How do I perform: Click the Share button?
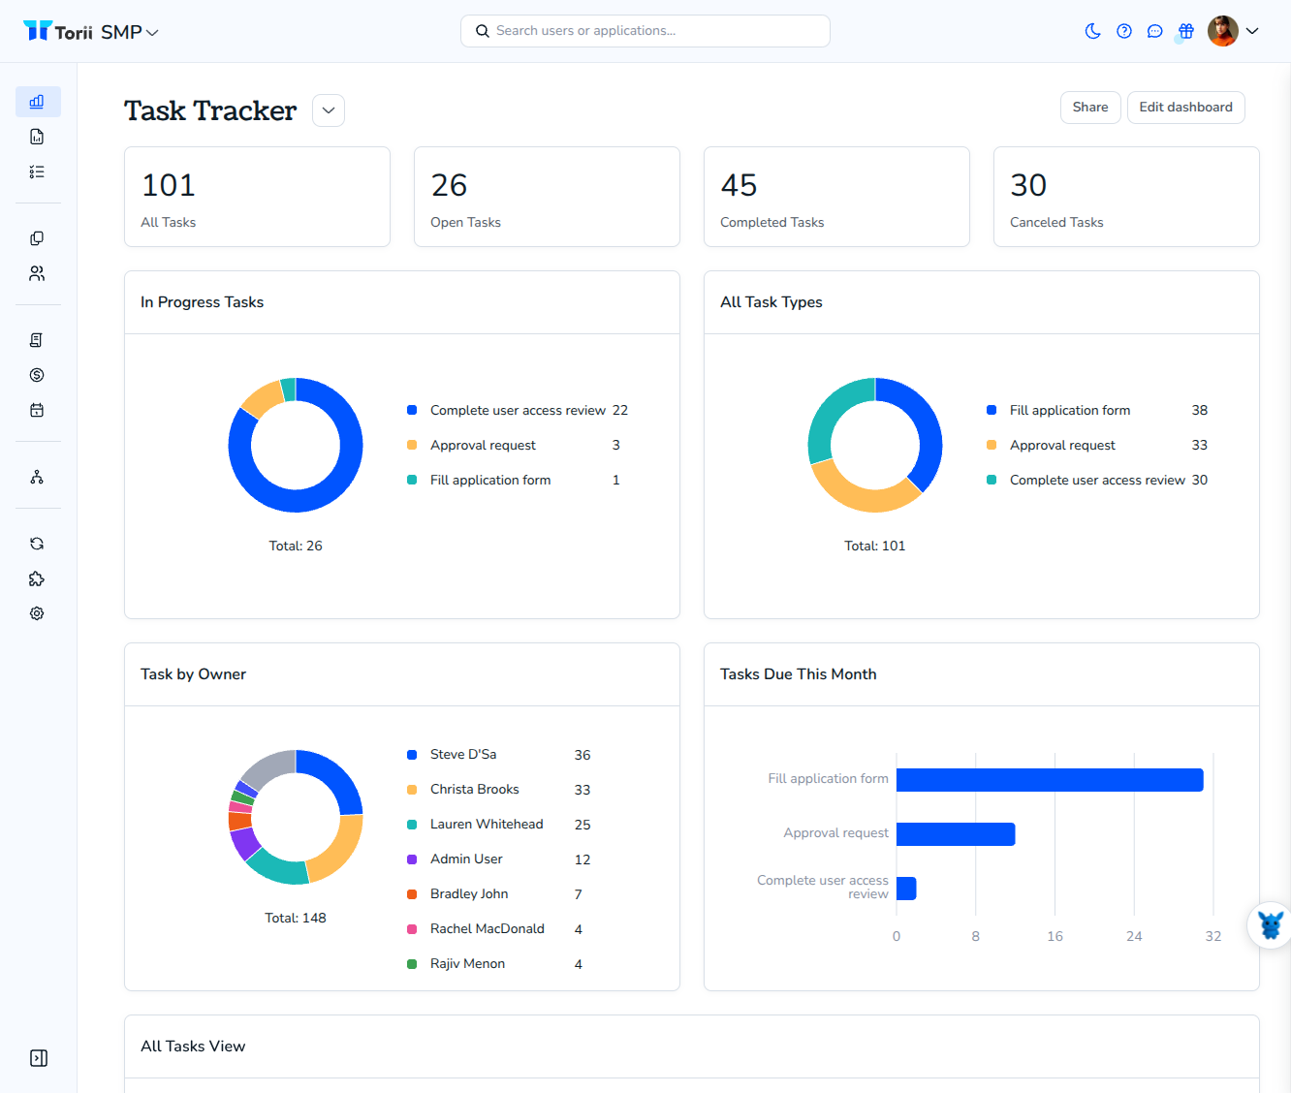pyautogui.click(x=1089, y=108)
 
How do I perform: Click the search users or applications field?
pyautogui.click(x=645, y=31)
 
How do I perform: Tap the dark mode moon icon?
pyautogui.click(x=1092, y=31)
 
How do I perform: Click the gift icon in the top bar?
pyautogui.click(x=1185, y=31)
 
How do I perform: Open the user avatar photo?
pyautogui.click(x=1222, y=31)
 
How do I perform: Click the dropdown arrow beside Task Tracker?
pyautogui.click(x=329, y=110)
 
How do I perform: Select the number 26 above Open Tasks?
pyautogui.click(x=449, y=185)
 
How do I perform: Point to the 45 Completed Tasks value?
pyautogui.click(x=739, y=185)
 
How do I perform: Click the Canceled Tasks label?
pyautogui.click(x=1056, y=222)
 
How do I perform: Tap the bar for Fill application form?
pyautogui.click(x=1050, y=779)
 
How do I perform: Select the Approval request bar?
pyautogui.click(x=956, y=834)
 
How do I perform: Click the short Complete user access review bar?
pyautogui.click(x=906, y=889)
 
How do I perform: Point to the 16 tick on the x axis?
pyautogui.click(x=1055, y=936)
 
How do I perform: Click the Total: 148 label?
pyautogui.click(x=295, y=918)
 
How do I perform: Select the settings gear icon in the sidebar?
pyautogui.click(x=37, y=613)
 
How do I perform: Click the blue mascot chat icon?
pyautogui.click(x=1271, y=925)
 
